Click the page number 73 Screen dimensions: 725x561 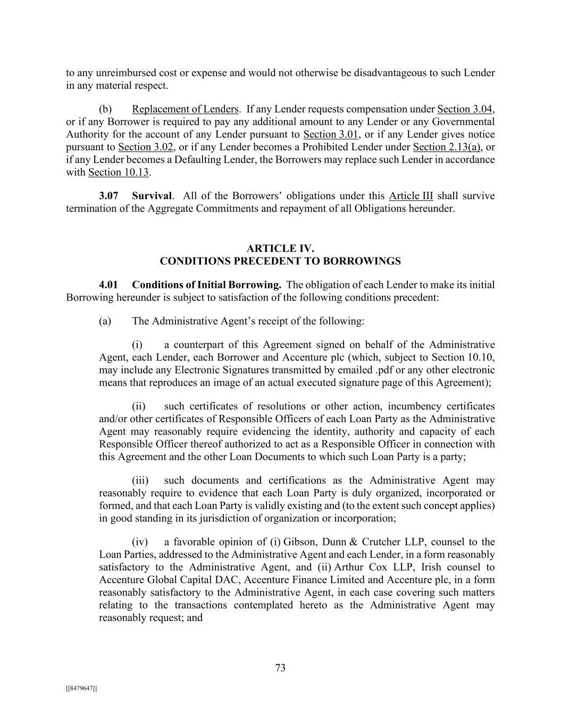[280, 668]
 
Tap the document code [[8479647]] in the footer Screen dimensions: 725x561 [81, 688]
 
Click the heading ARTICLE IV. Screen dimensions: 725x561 [280, 249]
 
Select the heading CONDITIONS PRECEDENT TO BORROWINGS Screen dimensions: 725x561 [280, 261]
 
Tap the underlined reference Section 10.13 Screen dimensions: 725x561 [118, 173]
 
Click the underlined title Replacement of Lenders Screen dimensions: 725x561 [185, 109]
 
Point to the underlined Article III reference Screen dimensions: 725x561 [411, 196]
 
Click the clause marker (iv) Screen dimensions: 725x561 [140, 542]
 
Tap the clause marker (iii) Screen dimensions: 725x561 [140, 480]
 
